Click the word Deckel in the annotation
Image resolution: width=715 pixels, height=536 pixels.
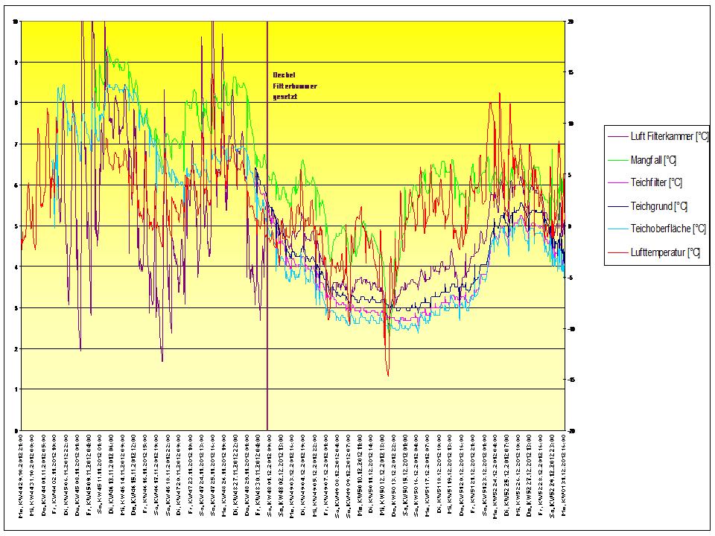[284, 75]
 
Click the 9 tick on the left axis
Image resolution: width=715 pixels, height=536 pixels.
[16, 63]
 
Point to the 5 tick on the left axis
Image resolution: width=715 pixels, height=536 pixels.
[16, 226]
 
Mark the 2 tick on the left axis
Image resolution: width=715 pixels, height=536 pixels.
[16, 348]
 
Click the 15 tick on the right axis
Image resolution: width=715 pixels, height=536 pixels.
[571, 73]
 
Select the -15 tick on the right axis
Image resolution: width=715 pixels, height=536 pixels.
[572, 380]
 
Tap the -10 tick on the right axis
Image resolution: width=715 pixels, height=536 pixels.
[572, 328]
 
